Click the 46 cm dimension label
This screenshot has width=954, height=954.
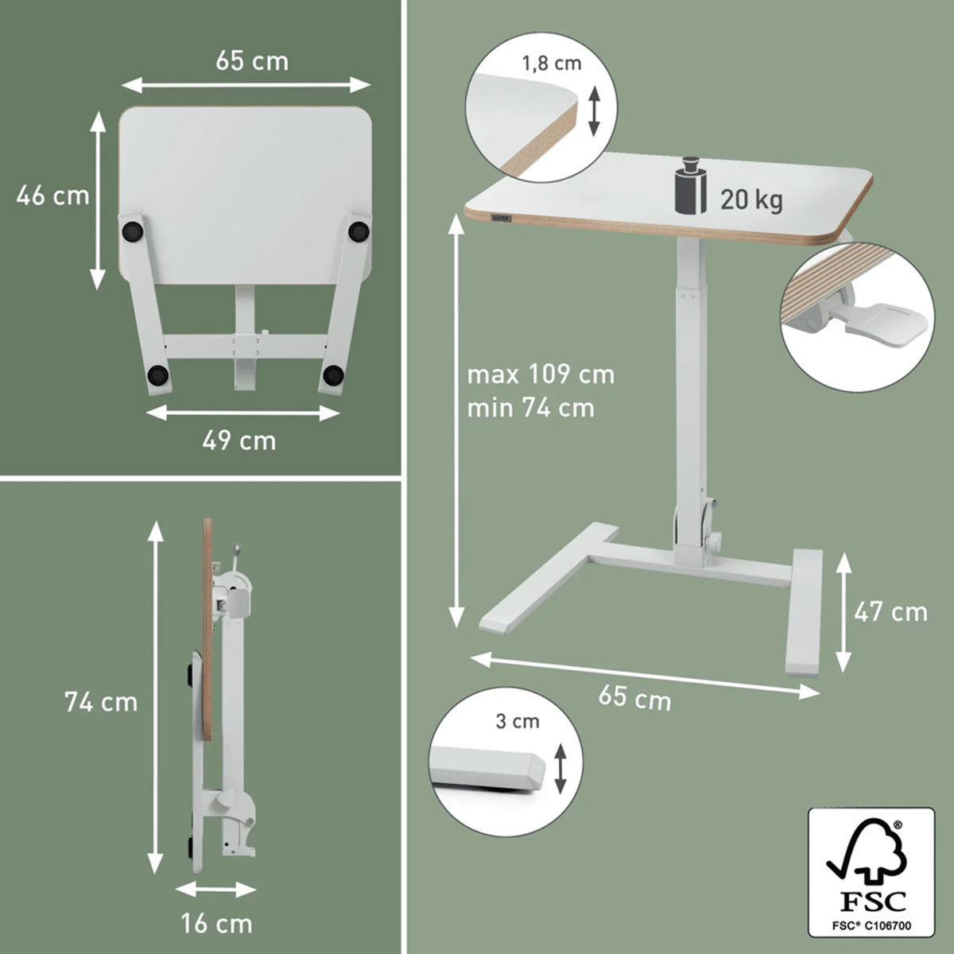52,196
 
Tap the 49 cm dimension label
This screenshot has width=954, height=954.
239,440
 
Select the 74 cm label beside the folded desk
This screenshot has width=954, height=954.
101,702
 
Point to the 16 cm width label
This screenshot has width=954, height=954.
217,924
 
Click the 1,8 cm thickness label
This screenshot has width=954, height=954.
552,64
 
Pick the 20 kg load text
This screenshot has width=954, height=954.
751,200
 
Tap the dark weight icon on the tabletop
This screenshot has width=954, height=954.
689,192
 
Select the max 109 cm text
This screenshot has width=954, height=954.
541,374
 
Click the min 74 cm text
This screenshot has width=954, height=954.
531,409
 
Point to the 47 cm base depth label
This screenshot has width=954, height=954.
890,612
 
